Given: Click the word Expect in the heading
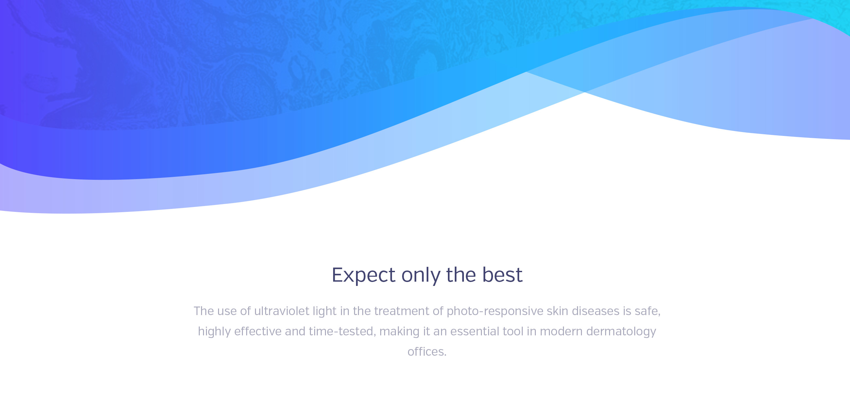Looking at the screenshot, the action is point(363,275).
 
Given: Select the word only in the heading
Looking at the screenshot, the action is point(421,275).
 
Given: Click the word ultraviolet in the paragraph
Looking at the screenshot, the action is point(281,311).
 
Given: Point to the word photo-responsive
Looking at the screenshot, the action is point(495,311).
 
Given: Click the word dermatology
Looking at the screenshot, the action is point(621,331).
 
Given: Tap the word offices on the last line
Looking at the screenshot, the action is point(426,352).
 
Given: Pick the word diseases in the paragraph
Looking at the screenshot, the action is point(596,311).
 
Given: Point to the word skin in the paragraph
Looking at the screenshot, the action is point(558,311).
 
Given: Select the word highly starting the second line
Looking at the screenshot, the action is point(214,331).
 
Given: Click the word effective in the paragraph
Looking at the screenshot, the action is point(258,331).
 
